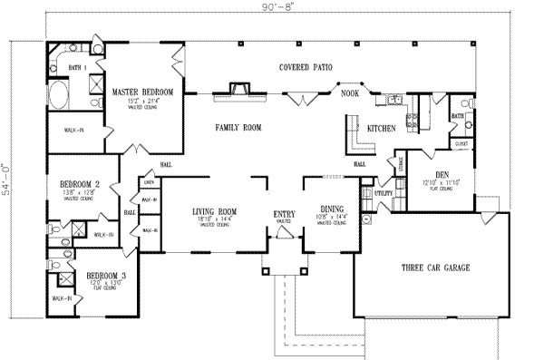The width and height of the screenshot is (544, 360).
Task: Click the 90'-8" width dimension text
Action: click(x=272, y=8)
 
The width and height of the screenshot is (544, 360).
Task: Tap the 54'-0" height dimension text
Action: click(x=7, y=180)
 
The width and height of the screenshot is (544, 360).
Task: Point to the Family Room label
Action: click(x=238, y=129)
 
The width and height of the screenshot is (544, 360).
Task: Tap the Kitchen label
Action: click(x=381, y=130)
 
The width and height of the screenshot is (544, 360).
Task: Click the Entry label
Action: click(x=284, y=214)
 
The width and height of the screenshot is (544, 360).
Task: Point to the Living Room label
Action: click(x=214, y=211)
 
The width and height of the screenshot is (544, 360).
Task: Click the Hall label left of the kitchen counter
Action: click(x=360, y=164)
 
